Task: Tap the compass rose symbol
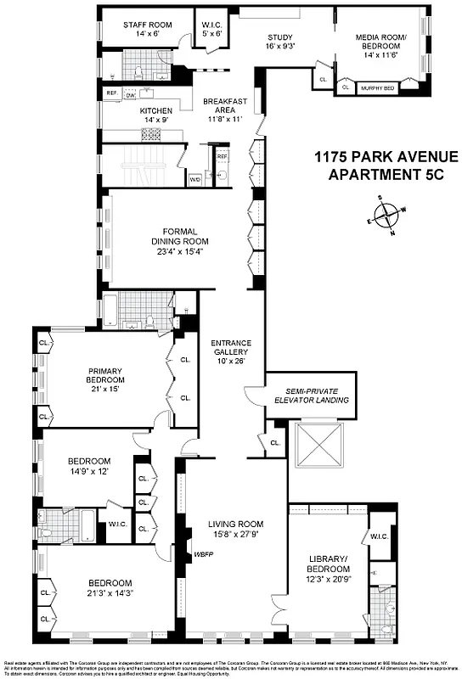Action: point(390,215)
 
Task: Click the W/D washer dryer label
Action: point(194,179)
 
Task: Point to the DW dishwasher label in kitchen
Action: point(131,95)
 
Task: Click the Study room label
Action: point(281,37)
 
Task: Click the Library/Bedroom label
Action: point(326,564)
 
